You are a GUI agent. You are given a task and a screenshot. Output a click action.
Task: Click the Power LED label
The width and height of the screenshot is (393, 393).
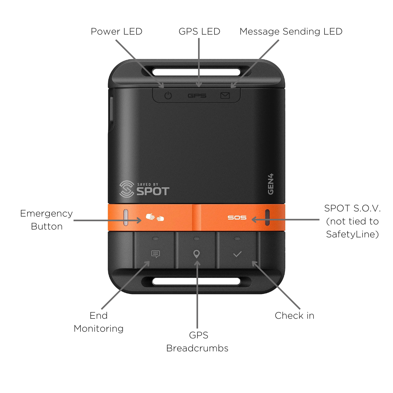[x=117, y=31]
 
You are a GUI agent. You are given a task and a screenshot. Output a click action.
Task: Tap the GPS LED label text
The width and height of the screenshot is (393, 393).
[x=199, y=31]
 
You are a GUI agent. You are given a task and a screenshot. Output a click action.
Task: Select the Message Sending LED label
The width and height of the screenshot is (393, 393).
[x=291, y=31]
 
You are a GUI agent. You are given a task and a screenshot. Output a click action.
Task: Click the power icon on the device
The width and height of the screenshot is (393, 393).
[x=168, y=95]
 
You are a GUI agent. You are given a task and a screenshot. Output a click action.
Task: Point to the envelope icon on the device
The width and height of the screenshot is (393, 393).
[x=225, y=95]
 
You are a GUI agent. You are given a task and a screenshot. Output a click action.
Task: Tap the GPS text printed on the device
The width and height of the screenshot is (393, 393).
[x=197, y=95]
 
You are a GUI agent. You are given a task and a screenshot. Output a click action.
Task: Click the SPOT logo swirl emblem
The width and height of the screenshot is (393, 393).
[x=127, y=189]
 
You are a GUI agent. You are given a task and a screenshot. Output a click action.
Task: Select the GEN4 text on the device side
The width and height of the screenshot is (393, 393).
[x=271, y=184]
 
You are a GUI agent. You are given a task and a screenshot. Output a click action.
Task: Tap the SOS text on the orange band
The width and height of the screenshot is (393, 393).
[x=237, y=218]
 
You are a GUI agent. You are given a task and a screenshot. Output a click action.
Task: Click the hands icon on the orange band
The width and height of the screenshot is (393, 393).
[x=154, y=217]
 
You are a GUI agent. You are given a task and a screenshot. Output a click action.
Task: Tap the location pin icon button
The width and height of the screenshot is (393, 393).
[x=197, y=254]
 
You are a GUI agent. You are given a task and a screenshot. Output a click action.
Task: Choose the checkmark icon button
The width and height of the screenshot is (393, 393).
[x=237, y=254]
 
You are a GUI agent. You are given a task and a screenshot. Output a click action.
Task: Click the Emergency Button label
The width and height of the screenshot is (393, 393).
[x=46, y=220]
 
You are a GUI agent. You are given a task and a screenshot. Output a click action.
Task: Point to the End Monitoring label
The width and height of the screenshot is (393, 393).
[x=99, y=322]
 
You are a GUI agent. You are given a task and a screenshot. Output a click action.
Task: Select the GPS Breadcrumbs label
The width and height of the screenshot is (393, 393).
[x=197, y=342]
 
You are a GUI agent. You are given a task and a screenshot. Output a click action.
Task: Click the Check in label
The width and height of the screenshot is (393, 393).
[x=294, y=316]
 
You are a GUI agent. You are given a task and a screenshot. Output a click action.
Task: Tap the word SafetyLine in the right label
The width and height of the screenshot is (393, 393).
[x=351, y=234]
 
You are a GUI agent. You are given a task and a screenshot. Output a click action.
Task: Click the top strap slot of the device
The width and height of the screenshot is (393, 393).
[x=196, y=72]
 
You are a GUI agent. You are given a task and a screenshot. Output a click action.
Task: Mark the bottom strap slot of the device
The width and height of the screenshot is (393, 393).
[x=196, y=281]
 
